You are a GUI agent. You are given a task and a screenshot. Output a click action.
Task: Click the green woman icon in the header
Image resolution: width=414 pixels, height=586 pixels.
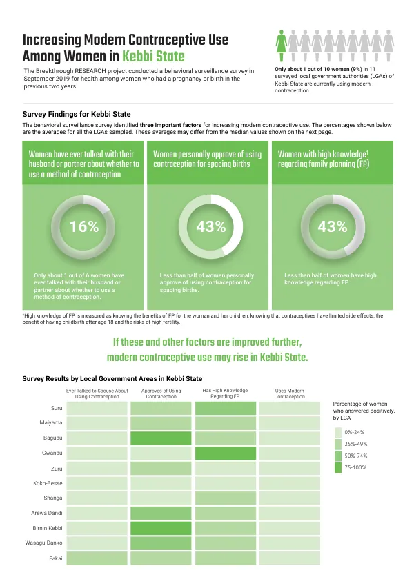(282, 46)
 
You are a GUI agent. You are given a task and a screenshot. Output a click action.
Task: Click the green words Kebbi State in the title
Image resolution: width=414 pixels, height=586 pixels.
(153, 57)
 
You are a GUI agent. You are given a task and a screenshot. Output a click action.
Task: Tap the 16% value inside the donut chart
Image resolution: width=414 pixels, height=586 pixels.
(84, 226)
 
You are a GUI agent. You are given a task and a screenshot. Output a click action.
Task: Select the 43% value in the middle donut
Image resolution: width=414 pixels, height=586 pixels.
(211, 226)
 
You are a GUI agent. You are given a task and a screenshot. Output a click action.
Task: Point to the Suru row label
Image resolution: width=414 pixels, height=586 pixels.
(57, 408)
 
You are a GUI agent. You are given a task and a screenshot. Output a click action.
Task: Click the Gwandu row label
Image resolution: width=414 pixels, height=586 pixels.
(52, 453)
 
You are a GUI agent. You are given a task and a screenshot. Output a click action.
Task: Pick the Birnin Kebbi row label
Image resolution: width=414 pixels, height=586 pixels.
(48, 528)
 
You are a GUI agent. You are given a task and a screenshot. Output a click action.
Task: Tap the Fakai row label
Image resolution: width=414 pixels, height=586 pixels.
(56, 558)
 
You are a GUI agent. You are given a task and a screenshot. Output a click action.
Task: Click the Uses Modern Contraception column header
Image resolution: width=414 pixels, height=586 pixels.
(290, 393)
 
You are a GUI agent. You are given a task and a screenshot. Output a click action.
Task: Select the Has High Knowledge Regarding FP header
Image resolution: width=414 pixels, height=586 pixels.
(225, 393)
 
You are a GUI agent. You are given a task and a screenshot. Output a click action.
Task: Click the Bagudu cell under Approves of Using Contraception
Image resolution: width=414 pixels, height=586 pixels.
(161, 438)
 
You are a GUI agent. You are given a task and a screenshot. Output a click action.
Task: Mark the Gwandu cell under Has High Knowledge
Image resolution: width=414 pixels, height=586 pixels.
(226, 453)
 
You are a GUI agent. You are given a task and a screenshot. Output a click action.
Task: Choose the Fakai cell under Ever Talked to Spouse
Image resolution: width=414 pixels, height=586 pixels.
(97, 558)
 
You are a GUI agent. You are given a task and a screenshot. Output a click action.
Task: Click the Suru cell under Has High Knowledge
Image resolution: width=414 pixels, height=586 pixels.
(226, 408)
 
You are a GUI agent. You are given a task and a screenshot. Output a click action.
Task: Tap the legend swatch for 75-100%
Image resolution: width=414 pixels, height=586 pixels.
(338, 467)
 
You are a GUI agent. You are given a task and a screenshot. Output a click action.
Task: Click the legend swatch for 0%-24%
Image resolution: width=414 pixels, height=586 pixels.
(338, 432)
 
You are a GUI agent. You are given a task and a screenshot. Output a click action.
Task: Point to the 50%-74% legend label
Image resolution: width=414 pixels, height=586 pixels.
(356, 456)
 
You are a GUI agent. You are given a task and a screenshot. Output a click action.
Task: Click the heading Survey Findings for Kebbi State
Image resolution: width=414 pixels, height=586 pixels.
(77, 114)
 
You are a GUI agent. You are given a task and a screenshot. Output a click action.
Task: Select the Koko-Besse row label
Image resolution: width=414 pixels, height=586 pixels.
(48, 483)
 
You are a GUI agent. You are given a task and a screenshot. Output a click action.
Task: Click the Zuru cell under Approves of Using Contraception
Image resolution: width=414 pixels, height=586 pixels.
(161, 468)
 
